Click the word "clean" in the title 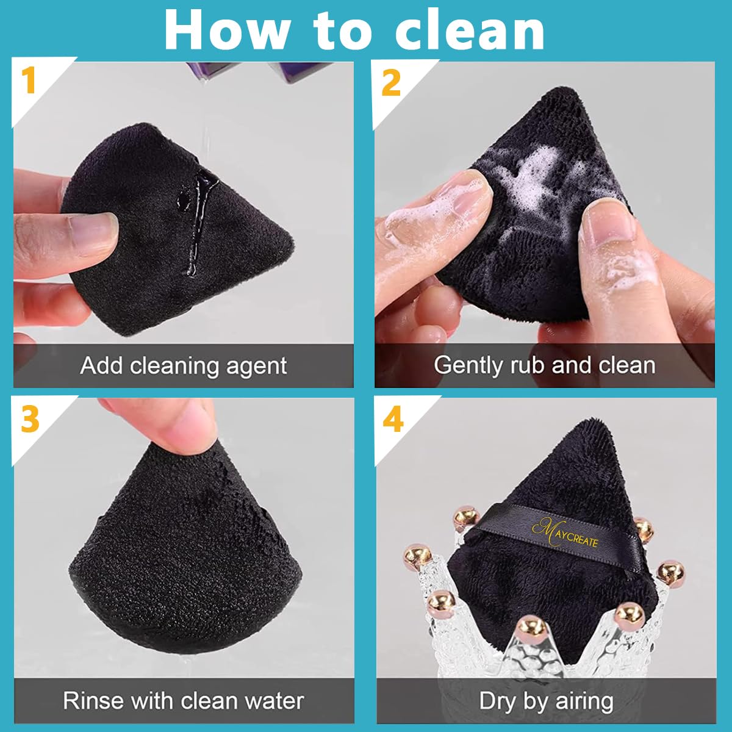(470, 30)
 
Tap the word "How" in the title (227, 30)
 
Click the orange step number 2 (391, 83)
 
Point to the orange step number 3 (30, 419)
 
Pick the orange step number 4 (393, 419)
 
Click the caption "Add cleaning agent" (184, 366)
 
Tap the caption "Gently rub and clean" (544, 365)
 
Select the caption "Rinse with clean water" (183, 701)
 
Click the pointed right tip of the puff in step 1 (293, 243)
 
